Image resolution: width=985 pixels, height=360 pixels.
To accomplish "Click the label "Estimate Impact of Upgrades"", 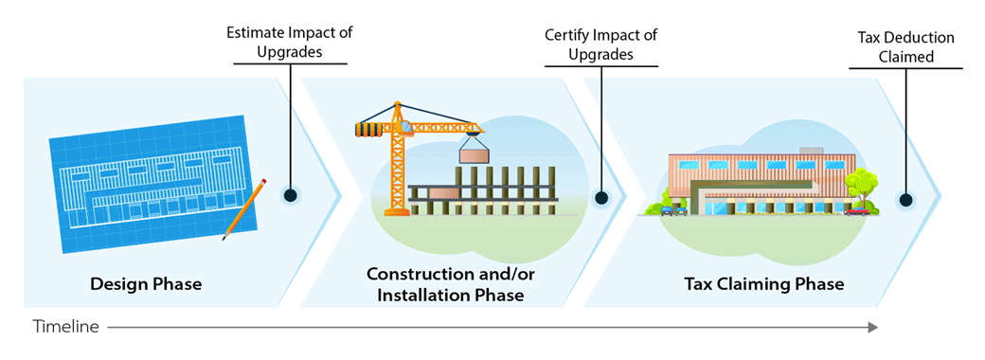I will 290,43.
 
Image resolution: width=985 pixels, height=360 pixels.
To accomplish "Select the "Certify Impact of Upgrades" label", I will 600,45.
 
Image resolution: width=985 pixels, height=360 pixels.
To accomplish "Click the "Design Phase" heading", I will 146,283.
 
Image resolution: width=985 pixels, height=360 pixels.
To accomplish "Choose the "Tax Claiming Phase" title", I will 763,283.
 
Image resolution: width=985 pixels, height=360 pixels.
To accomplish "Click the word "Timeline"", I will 66,327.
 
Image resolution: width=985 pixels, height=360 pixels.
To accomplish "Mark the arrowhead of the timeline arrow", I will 872,328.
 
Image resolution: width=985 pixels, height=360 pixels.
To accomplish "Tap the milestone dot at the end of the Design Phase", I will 291,195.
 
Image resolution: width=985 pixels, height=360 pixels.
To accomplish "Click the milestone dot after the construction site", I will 600,198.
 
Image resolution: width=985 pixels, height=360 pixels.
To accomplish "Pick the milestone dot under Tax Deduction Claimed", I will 905,200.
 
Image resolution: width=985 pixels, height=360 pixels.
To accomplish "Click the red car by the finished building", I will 857,210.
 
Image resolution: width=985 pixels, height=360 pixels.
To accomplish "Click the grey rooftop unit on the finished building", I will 812,152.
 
